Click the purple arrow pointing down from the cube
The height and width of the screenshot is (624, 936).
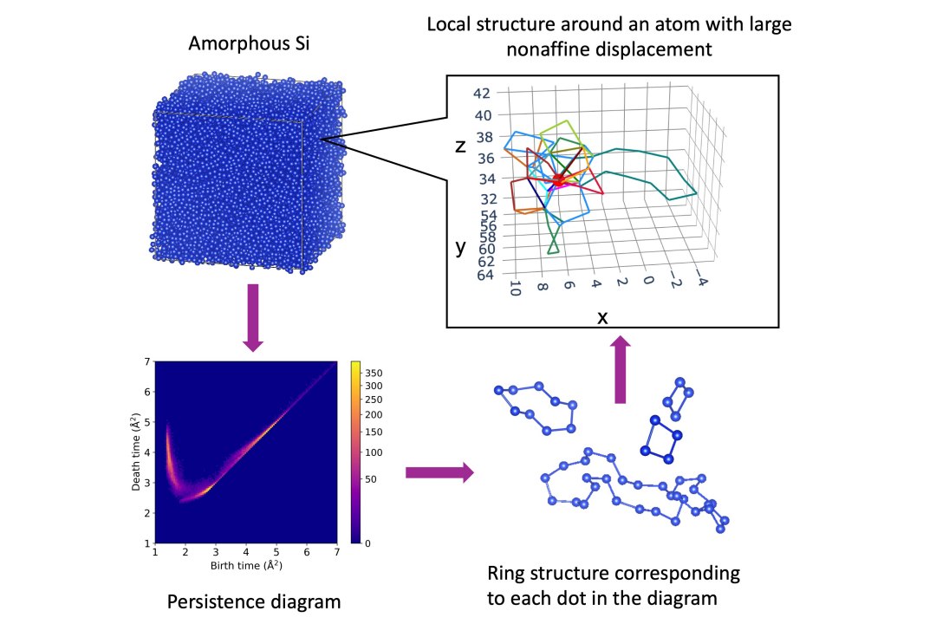point(253,317)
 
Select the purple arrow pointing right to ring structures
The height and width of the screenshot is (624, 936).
point(439,472)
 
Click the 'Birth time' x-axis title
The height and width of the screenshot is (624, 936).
point(246,566)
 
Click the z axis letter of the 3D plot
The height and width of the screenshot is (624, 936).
point(461,146)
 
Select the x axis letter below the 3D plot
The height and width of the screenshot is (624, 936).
point(602,317)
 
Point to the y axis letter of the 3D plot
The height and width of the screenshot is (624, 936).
point(461,247)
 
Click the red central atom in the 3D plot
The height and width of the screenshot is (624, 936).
point(558,180)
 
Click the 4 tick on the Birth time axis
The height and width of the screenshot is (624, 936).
point(245,550)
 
